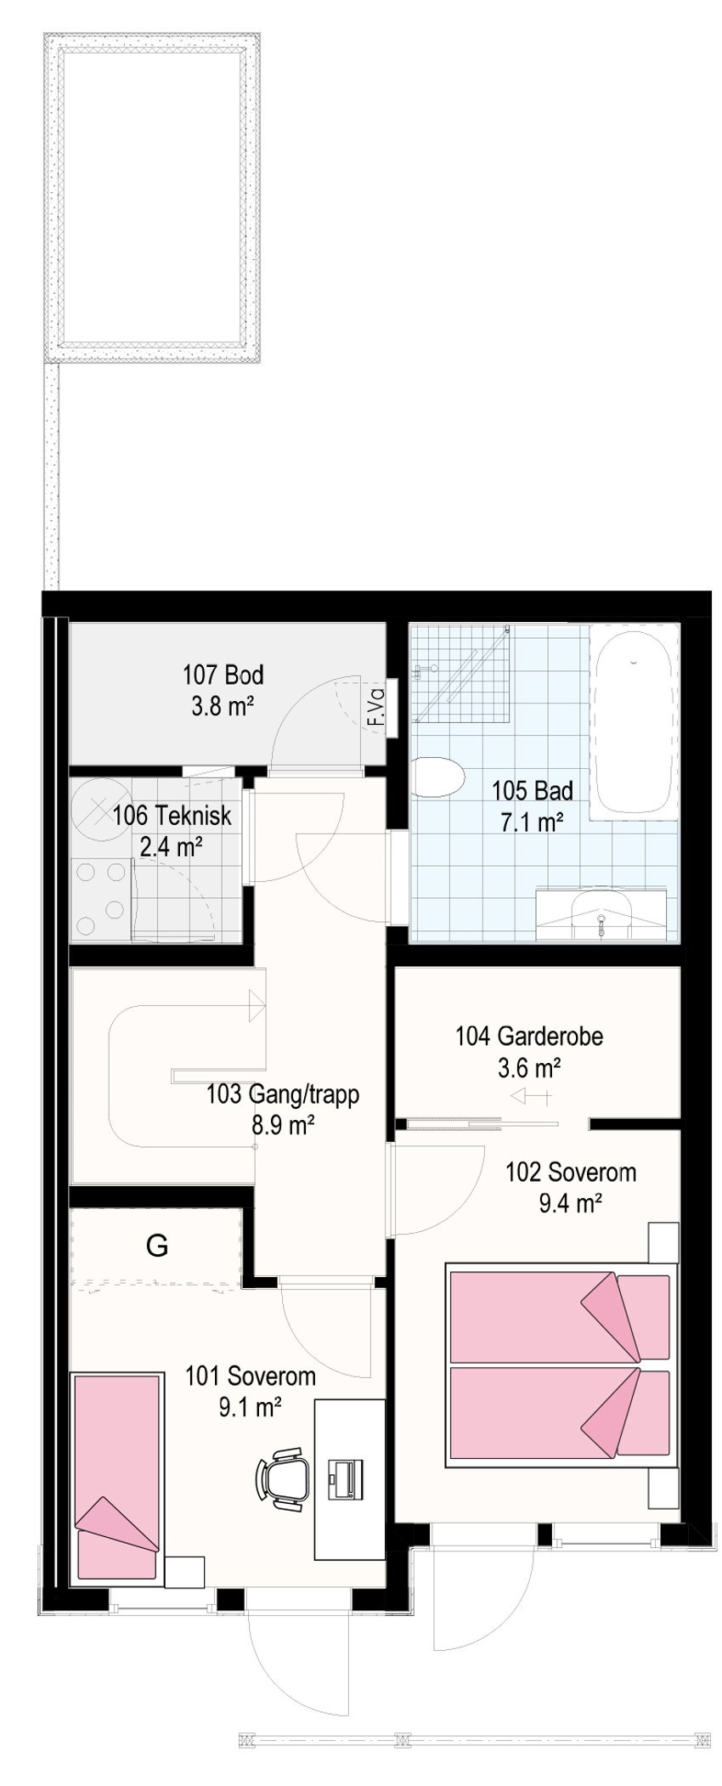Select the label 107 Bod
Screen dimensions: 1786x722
tap(223, 675)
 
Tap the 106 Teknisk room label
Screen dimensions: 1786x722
tap(172, 816)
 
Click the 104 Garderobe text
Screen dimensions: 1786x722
tap(529, 1036)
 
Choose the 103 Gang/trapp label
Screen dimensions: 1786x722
tap(283, 1094)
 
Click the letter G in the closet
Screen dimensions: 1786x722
tap(157, 1246)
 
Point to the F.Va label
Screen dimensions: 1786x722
tap(375, 707)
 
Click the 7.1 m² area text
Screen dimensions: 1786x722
tap(532, 821)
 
